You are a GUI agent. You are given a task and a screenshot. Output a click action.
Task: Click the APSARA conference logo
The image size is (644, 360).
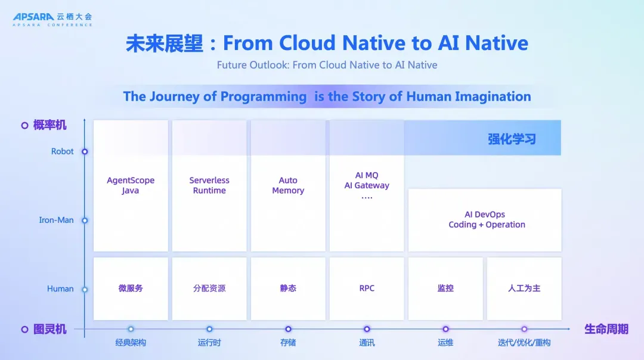(52, 19)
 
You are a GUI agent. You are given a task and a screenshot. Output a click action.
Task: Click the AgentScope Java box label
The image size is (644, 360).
(131, 185)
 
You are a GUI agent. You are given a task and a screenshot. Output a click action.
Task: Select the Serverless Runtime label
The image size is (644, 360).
(209, 185)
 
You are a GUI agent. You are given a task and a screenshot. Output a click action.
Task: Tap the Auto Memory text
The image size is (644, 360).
(288, 185)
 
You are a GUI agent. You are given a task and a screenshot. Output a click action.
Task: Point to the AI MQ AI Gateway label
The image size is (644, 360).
(367, 185)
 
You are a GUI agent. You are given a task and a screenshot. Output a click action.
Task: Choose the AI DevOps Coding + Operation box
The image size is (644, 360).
(485, 220)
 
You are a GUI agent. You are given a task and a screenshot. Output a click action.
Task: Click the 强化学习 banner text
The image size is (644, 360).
(512, 139)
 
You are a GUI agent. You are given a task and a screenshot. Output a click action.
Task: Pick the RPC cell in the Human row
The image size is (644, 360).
(367, 288)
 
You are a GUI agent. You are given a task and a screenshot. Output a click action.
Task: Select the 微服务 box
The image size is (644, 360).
(131, 288)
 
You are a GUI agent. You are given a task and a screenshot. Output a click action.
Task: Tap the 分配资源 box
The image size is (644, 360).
(209, 288)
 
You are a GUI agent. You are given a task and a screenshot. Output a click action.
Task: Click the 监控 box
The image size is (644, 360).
(445, 288)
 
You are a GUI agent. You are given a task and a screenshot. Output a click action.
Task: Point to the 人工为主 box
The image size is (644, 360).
(524, 288)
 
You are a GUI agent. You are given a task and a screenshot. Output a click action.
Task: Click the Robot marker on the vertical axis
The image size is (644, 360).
(85, 151)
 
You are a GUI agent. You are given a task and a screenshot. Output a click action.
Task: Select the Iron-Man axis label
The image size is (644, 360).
(56, 220)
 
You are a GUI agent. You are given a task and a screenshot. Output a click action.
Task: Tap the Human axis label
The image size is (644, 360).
(60, 288)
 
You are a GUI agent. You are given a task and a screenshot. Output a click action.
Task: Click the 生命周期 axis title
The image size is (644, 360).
(606, 329)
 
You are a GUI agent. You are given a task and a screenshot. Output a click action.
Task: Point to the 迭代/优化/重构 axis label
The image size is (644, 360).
(524, 342)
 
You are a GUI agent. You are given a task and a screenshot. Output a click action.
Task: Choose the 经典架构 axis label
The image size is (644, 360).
(131, 342)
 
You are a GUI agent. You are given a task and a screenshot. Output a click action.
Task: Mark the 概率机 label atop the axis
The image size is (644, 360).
(49, 125)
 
